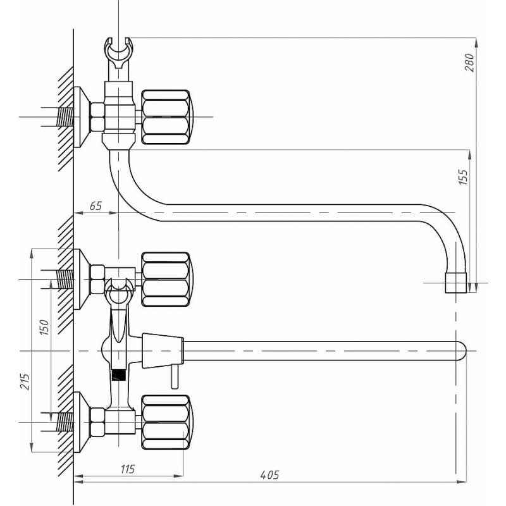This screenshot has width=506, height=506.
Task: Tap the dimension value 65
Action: pos(96,205)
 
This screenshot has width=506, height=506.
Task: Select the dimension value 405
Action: pos(269,474)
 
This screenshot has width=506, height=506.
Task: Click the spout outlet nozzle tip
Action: pos(455,283)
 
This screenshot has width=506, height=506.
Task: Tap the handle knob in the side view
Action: pos(165,117)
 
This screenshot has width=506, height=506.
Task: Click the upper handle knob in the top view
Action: pos(166,278)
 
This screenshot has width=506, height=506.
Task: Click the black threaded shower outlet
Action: pos(116,373)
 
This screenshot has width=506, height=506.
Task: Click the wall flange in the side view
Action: pos(80,117)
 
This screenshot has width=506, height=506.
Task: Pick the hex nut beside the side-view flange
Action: pos(97,117)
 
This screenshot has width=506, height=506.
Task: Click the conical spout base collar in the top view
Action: pos(163,350)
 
